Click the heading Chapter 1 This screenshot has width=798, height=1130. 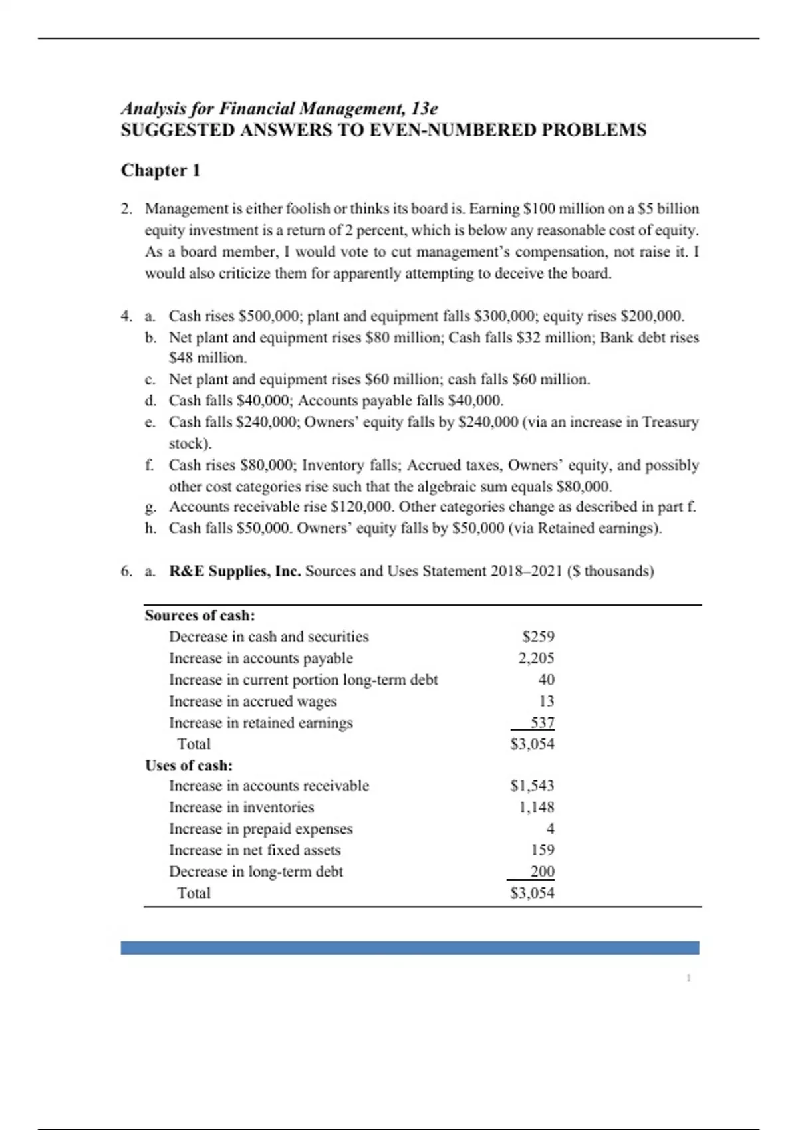(160, 171)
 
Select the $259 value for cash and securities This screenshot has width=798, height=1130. (538, 637)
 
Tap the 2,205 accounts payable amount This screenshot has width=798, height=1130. (536, 658)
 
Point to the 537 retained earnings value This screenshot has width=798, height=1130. (542, 723)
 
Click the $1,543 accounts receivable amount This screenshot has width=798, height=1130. (532, 786)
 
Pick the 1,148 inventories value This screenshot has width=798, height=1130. (536, 807)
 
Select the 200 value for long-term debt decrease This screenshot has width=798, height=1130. (542, 871)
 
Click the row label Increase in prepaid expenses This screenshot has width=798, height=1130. (261, 829)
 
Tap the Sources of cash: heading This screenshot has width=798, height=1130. (200, 616)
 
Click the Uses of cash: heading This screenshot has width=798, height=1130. (189, 766)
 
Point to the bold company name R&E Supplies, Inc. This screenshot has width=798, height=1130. (235, 571)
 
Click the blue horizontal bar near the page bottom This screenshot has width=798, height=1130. (410, 948)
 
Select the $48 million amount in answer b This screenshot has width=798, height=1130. (207, 358)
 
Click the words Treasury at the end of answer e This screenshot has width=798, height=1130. (670, 422)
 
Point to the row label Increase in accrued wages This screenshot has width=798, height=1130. (253, 701)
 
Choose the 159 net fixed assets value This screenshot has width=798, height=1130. (543, 850)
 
